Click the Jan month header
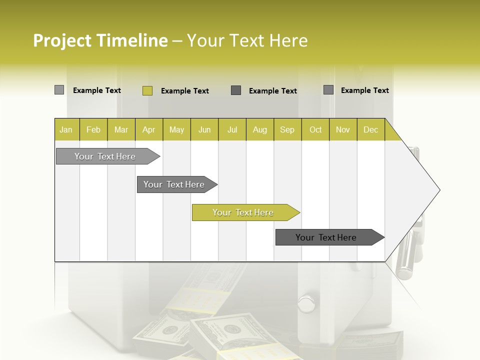pyautogui.click(x=66, y=129)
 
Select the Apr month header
pyautogui.click(x=148, y=129)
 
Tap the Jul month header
pyautogui.click(x=232, y=129)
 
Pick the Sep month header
pyautogui.click(x=287, y=129)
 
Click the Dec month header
pyautogui.click(x=370, y=129)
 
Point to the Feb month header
pyautogui.click(x=93, y=129)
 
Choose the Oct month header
pyautogui.click(x=315, y=129)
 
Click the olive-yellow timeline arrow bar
pyautogui.click(x=245, y=212)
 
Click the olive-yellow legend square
pyautogui.click(x=147, y=90)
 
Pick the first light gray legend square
pyautogui.click(x=59, y=90)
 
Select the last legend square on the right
pyautogui.click(x=328, y=90)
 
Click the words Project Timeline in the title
pyautogui.click(x=100, y=40)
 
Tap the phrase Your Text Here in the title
pyautogui.click(x=247, y=40)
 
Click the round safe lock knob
pyautogui.click(x=305, y=302)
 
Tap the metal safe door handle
pyautogui.click(x=407, y=250)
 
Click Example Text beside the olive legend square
pyautogui.click(x=184, y=91)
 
